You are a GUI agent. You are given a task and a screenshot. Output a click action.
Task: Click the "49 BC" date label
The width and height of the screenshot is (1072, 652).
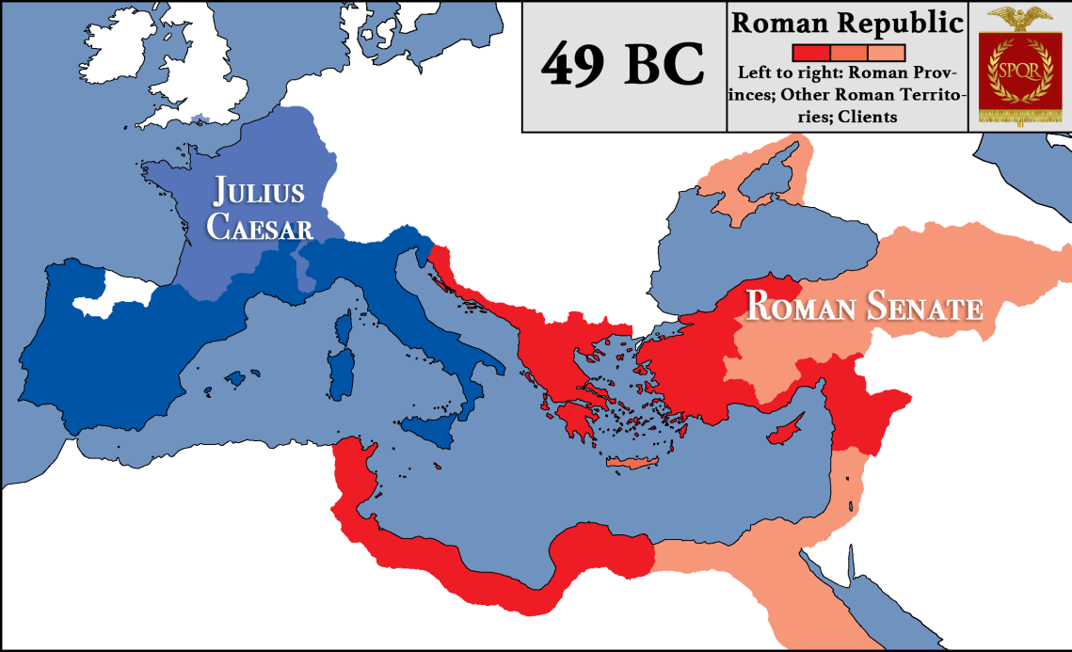point(623,66)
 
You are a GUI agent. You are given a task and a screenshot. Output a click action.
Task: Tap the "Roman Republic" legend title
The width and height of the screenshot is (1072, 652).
point(848,23)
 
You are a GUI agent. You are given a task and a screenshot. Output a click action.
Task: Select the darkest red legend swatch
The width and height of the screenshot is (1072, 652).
point(810,52)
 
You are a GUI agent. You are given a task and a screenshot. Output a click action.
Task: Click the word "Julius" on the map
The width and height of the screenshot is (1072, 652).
point(258,191)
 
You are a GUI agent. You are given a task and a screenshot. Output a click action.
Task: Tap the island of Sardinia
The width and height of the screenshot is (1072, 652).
point(336,369)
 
